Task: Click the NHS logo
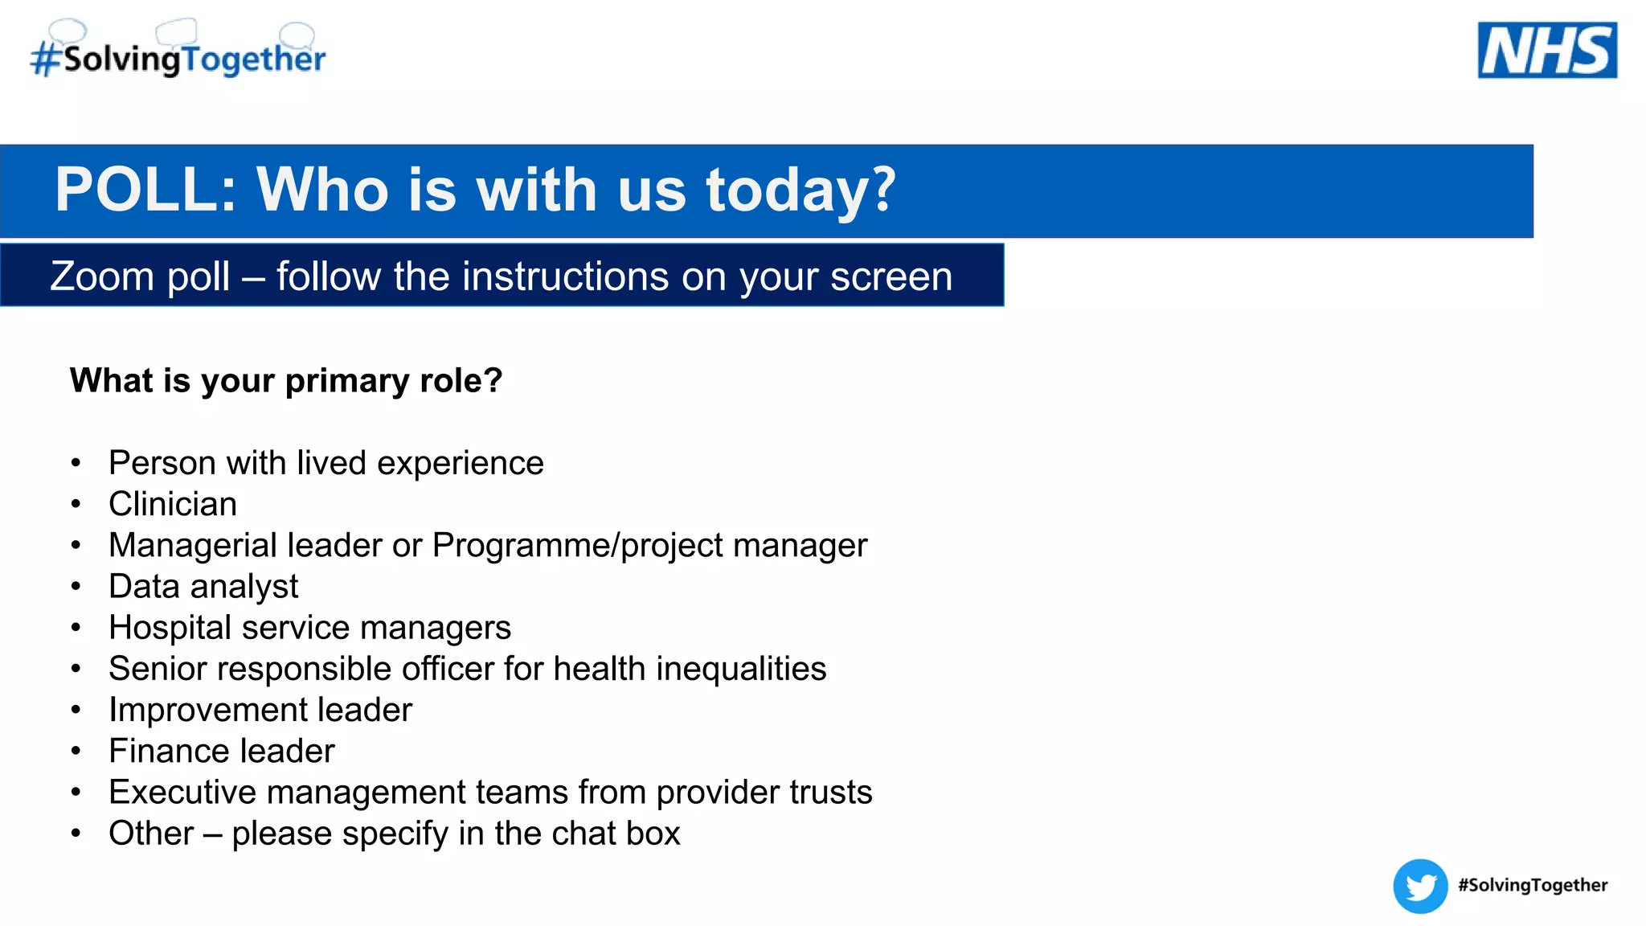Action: (1546, 50)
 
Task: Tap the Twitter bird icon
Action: (1420, 886)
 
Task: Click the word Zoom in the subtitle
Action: (101, 277)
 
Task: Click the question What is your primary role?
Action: (286, 380)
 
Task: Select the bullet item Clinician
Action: (173, 504)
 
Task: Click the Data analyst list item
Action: (203, 587)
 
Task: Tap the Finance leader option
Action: (222, 751)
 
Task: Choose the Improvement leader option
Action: (260, 710)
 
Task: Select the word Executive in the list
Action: (182, 793)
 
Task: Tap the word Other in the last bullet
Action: (151, 834)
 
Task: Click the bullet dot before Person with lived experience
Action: (76, 463)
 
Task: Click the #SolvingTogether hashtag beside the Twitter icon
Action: (1532, 885)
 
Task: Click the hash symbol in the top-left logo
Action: (45, 59)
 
